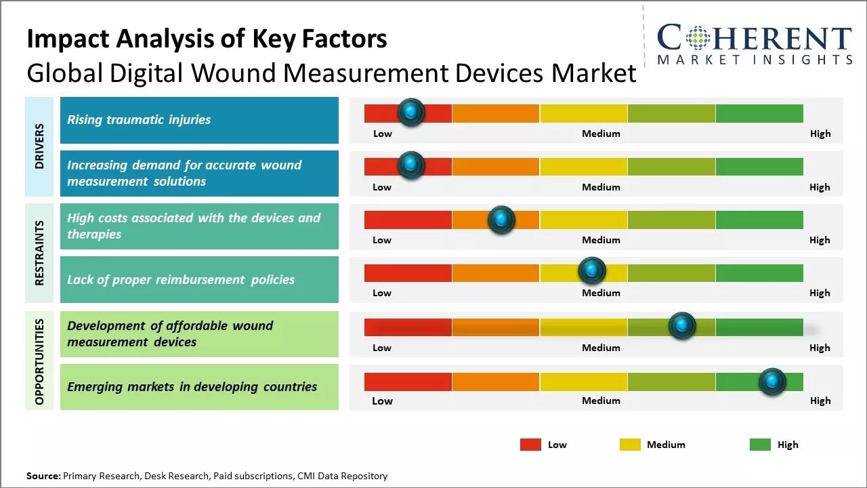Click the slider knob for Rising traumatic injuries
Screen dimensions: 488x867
pyautogui.click(x=410, y=113)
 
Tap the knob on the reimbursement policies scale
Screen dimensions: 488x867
pyautogui.click(x=592, y=271)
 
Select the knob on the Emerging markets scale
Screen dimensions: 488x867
pyautogui.click(x=772, y=382)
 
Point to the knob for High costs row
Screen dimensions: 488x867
pyautogui.click(x=501, y=220)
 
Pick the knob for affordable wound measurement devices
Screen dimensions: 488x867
pyautogui.click(x=682, y=326)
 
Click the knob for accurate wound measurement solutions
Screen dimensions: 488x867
pyautogui.click(x=410, y=165)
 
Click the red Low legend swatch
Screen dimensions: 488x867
pyautogui.click(x=530, y=445)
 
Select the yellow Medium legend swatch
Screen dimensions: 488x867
pyautogui.click(x=630, y=445)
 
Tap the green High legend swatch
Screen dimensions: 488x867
pyautogui.click(x=760, y=445)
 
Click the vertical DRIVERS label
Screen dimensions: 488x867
pyautogui.click(x=39, y=146)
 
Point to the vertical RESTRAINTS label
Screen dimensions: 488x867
pyautogui.click(x=39, y=253)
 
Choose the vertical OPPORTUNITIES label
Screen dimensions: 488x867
pyautogui.click(x=39, y=361)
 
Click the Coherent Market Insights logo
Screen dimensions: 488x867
pyautogui.click(x=755, y=45)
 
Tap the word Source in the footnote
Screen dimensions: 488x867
pyautogui.click(x=43, y=476)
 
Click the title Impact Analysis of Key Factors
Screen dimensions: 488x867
pyautogui.click(x=207, y=39)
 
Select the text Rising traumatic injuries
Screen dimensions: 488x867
pyautogui.click(x=139, y=120)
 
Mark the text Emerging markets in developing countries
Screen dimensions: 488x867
pyautogui.click(x=192, y=387)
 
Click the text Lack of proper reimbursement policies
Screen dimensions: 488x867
pyautogui.click(x=181, y=280)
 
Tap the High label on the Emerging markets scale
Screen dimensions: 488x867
pyautogui.click(x=820, y=401)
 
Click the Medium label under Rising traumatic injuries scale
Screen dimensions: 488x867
pyautogui.click(x=601, y=134)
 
